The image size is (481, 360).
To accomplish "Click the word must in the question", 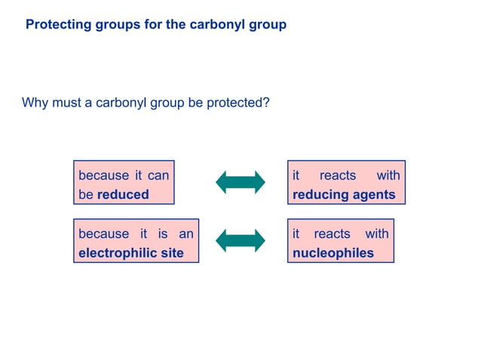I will [x=66, y=102].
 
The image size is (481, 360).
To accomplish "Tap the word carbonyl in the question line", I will [x=121, y=102].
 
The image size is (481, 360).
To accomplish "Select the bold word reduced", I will [x=123, y=194].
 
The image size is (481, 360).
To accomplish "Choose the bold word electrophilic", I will [x=116, y=253].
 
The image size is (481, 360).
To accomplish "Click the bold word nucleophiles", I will [x=333, y=253].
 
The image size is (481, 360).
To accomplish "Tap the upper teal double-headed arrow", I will [x=240, y=182].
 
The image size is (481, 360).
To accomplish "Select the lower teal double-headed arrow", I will [x=240, y=240].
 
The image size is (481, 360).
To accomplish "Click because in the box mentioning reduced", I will [x=104, y=175].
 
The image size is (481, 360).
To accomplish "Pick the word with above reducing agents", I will [x=388, y=175].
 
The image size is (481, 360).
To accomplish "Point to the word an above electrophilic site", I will [x=185, y=234].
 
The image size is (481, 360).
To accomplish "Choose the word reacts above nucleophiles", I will [x=332, y=234].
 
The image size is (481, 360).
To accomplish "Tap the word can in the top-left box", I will [x=158, y=175].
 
